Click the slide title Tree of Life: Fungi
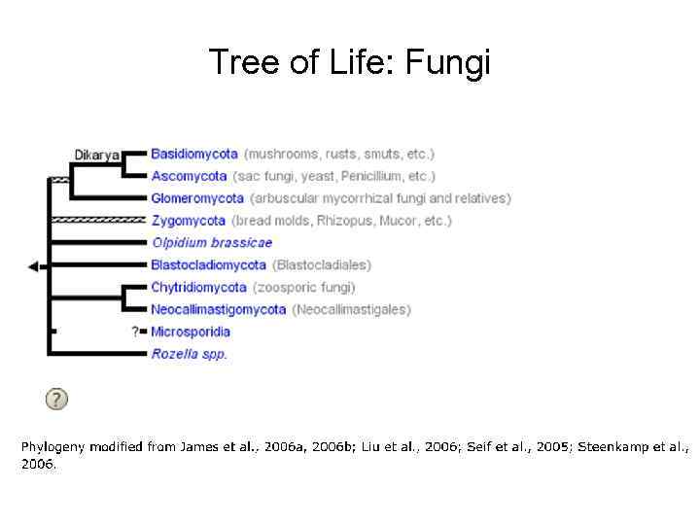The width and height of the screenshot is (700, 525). point(350,62)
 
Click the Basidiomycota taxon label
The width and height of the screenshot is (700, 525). point(194,154)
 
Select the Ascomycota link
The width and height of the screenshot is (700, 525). point(190,176)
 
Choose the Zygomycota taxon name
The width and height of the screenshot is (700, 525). point(189,221)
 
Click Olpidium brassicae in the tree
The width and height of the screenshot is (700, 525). point(212,243)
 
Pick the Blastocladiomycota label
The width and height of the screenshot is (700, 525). point(209,264)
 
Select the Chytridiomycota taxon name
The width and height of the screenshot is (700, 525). point(199,287)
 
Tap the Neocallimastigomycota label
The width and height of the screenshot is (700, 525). point(219,309)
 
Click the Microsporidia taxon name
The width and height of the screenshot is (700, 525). point(191,332)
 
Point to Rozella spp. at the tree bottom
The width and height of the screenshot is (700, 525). point(190,354)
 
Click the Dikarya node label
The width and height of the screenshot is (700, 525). point(97,154)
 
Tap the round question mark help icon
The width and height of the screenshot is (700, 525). point(56,399)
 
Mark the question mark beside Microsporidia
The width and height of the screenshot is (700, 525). point(135,332)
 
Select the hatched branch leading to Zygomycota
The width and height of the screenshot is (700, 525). point(97,221)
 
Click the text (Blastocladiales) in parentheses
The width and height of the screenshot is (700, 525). point(322,264)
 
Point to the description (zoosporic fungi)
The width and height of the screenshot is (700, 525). point(304,287)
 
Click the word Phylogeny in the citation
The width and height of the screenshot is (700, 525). point(52,447)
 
